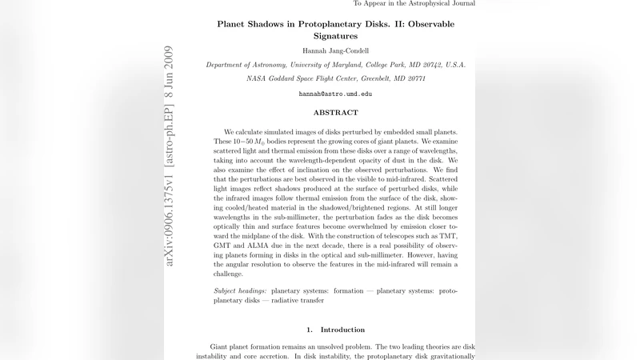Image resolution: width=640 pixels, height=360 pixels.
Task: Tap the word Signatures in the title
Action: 335,36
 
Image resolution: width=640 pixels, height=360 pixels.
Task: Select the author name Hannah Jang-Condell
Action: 335,50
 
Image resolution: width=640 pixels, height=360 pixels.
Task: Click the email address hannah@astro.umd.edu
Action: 335,94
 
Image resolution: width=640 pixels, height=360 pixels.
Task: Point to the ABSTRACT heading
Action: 335,113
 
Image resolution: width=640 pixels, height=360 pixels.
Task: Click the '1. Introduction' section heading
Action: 335,330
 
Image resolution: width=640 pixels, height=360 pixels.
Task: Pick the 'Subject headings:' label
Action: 241,290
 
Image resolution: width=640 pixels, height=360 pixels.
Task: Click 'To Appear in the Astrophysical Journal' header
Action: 414,4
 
